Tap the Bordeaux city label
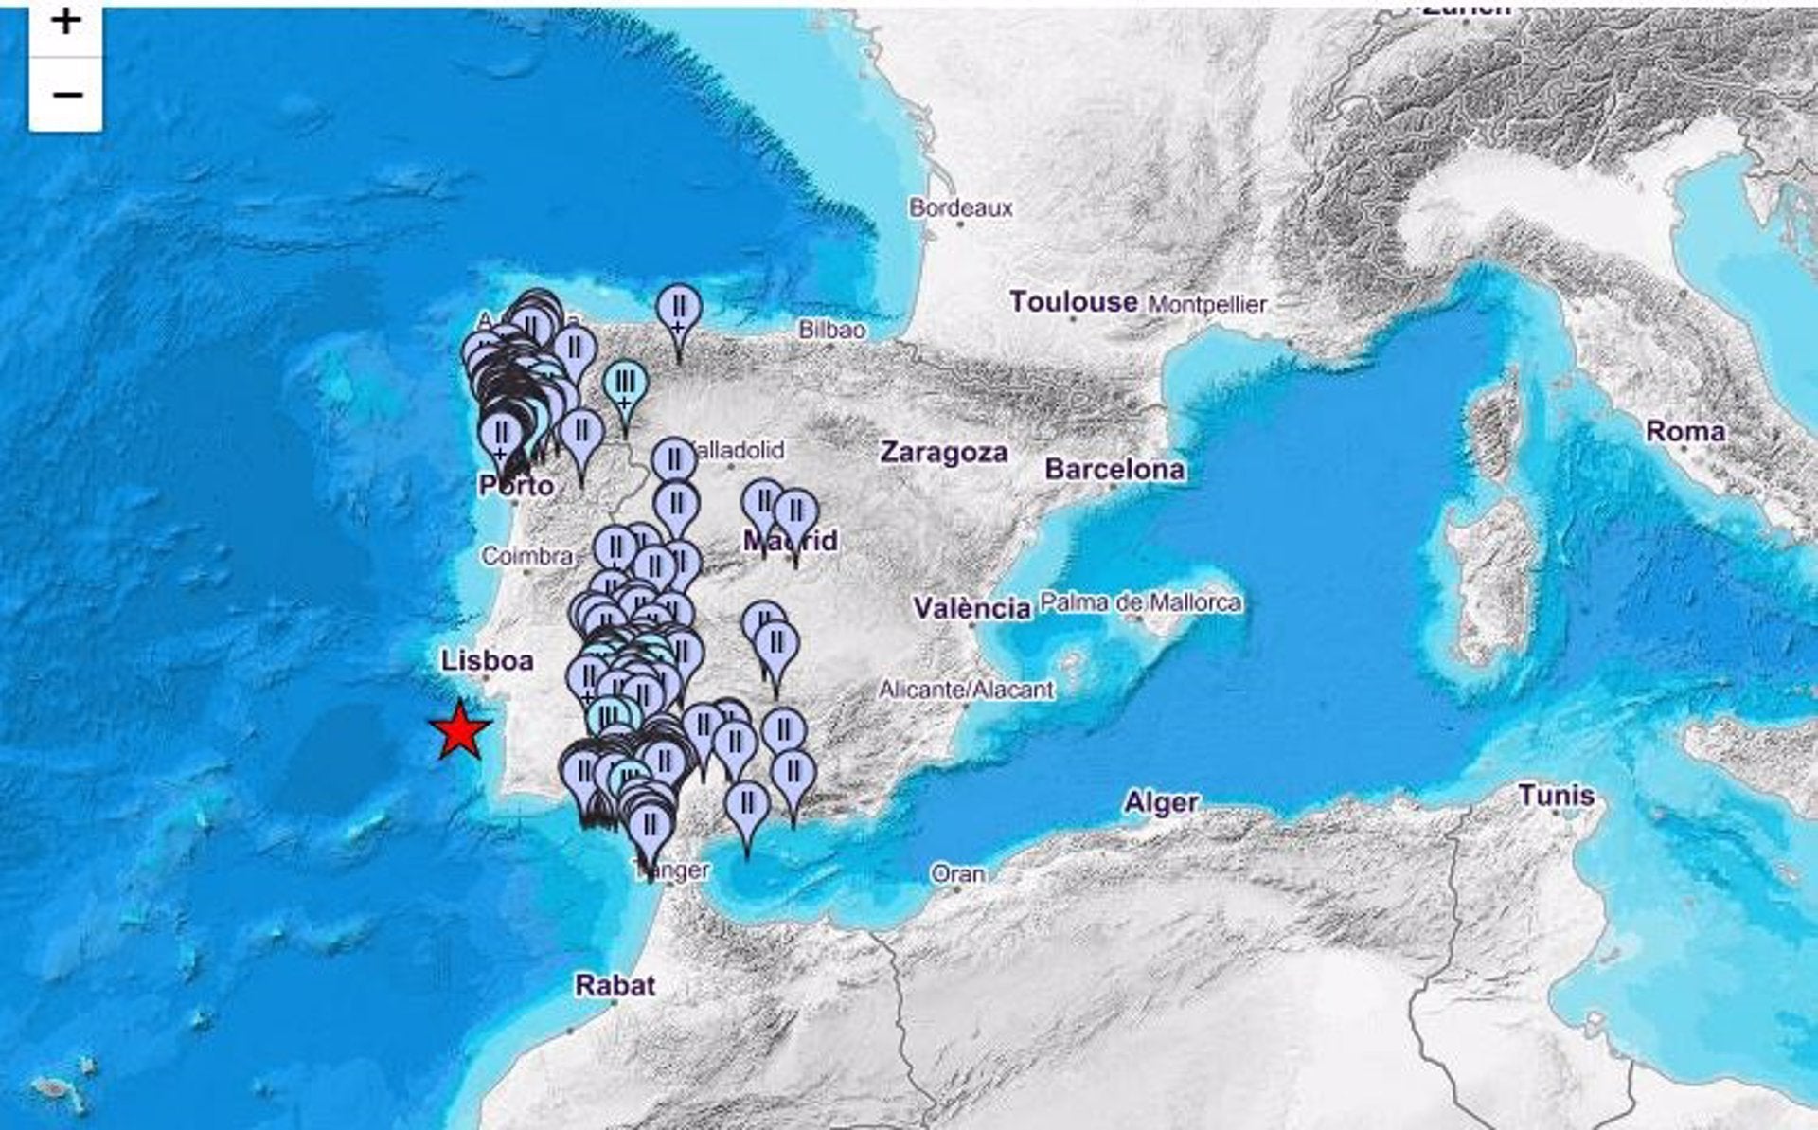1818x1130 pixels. [960, 207]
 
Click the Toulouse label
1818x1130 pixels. [1073, 302]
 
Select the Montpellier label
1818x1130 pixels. [1206, 304]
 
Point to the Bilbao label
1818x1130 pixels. [831, 330]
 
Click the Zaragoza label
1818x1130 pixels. [943, 453]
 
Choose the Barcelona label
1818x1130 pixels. [1114, 470]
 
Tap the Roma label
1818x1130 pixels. [1684, 432]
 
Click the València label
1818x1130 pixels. [971, 608]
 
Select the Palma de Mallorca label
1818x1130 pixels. [1140, 602]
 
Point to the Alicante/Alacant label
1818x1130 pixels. [966, 690]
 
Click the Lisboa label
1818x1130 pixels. [487, 660]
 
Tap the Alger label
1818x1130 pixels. [1161, 803]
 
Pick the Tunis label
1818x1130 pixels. [1556, 796]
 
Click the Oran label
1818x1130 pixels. [957, 873]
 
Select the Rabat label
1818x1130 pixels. [615, 986]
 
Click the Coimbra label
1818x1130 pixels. [526, 556]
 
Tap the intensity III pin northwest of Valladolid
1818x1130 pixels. [625, 385]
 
